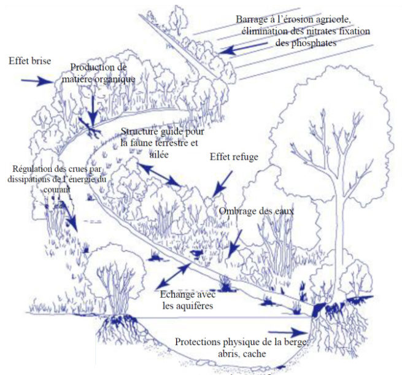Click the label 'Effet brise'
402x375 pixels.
[29, 61]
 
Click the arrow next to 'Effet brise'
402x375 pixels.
[36, 80]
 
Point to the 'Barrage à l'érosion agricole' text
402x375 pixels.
[293, 19]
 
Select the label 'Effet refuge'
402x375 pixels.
[233, 157]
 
